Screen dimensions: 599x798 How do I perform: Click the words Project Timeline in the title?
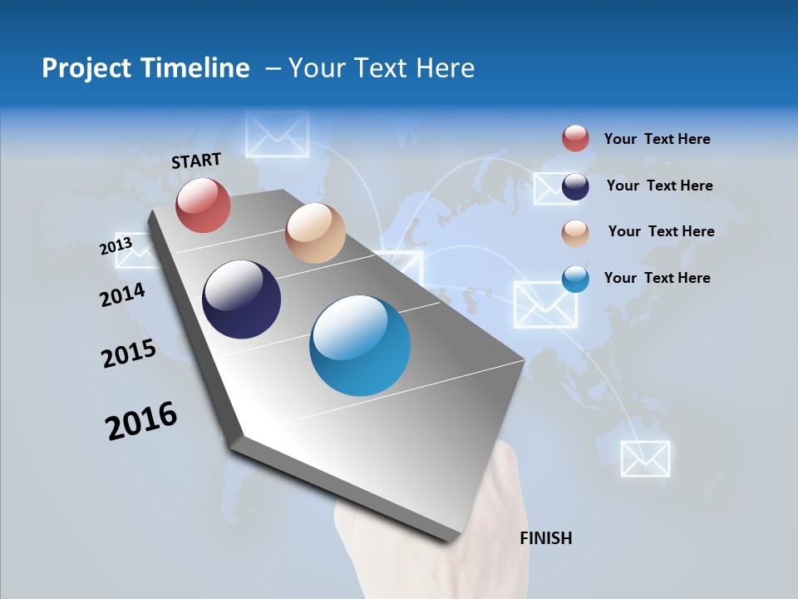tap(145, 68)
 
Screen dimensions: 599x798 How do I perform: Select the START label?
tap(196, 161)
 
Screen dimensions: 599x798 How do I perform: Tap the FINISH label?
tap(546, 538)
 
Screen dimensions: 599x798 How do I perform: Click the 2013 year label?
tap(116, 246)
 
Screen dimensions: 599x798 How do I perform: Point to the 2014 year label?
tap(122, 295)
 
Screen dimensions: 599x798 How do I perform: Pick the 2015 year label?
tap(129, 353)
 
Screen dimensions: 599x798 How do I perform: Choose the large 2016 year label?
tap(141, 421)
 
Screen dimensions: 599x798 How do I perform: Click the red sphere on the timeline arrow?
tap(203, 205)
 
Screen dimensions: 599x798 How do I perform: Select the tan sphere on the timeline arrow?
tap(315, 233)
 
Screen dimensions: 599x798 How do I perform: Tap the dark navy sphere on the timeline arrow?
tap(242, 299)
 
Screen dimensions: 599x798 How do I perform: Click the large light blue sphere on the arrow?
tap(360, 345)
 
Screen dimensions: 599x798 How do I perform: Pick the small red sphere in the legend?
tap(575, 139)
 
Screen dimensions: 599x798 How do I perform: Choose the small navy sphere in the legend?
tap(575, 186)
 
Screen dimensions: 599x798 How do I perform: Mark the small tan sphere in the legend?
tap(575, 233)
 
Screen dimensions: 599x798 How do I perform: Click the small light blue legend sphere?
tap(575, 280)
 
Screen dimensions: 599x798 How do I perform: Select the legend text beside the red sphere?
tap(657, 139)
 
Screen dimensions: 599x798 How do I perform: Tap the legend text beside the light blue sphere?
tap(657, 278)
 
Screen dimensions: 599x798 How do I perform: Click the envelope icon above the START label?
tap(278, 134)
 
